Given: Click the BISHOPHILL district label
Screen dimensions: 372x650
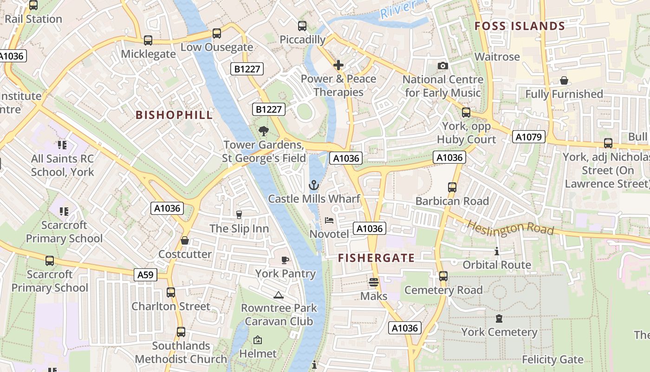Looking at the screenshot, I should (x=174, y=115).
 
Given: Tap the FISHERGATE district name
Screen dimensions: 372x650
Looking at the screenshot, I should (x=376, y=258).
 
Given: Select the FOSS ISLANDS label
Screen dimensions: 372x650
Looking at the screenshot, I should (x=520, y=26).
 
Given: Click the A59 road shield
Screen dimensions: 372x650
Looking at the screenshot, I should (x=145, y=275).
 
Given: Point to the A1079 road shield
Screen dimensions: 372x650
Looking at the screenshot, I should (x=528, y=137).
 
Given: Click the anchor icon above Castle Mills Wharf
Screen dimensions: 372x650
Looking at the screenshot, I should (x=314, y=186).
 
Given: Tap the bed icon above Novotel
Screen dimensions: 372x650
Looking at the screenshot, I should (x=329, y=220).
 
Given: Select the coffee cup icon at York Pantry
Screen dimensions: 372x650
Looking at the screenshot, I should (x=285, y=260).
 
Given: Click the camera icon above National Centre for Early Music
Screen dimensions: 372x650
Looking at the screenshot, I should (x=443, y=66).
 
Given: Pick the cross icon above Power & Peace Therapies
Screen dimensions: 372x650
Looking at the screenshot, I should (x=338, y=65).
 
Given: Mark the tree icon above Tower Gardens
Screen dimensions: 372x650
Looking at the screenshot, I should (x=264, y=131).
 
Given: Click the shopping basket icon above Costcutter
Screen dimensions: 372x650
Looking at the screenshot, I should (x=185, y=240).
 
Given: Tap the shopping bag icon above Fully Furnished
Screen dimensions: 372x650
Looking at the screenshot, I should (x=564, y=80).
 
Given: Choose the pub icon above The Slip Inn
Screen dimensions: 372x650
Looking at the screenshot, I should (x=239, y=214).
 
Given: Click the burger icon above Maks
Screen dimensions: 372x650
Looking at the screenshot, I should (x=374, y=282).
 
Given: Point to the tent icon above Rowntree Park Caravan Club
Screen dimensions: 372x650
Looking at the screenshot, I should (x=279, y=294).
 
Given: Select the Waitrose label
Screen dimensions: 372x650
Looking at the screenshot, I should (x=497, y=57).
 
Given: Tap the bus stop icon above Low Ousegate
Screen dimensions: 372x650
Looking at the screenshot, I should (x=217, y=33).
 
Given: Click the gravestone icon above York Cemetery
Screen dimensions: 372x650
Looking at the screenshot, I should (x=499, y=319).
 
